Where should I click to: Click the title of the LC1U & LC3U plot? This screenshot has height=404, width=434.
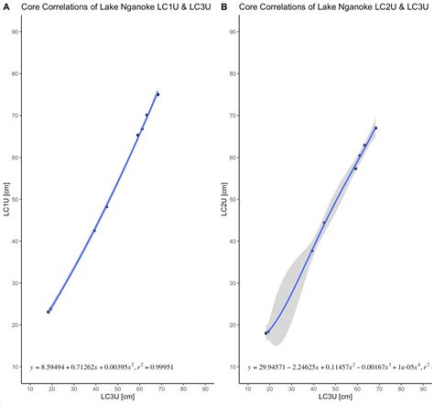coord(111,6)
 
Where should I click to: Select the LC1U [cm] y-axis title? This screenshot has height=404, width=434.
coord(6,199)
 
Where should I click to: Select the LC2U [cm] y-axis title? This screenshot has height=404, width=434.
coord(224,199)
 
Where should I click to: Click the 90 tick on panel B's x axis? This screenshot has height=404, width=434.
coord(420,388)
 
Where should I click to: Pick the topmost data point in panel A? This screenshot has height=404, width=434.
coord(158,94)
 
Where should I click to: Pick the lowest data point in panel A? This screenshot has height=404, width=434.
coord(49,311)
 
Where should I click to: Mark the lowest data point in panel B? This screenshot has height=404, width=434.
coord(266,333)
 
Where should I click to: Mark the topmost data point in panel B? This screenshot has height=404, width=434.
coord(375,128)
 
